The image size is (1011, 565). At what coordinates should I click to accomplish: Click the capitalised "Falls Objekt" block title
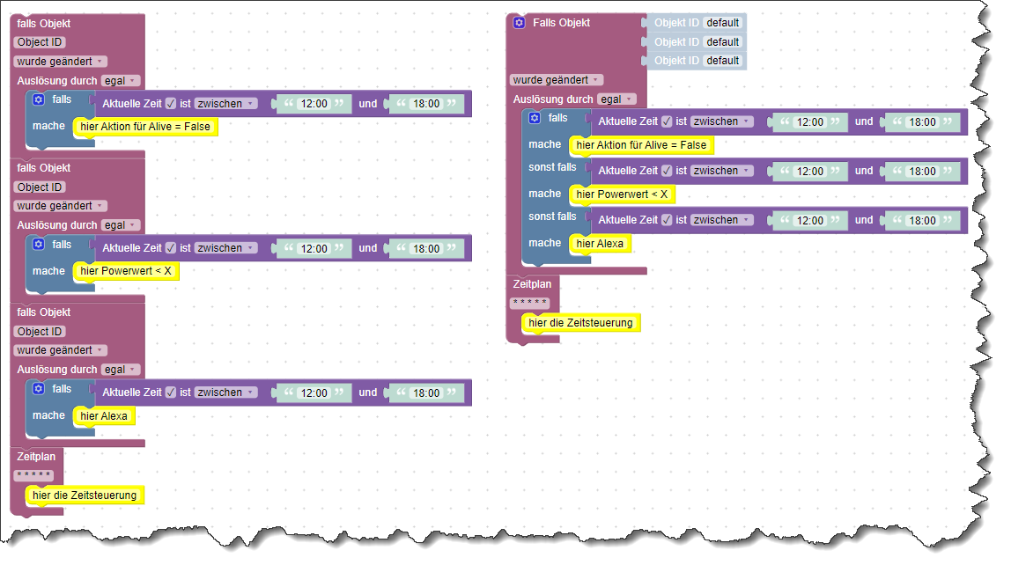[x=561, y=23]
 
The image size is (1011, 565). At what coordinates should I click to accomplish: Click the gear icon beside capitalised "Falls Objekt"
[x=520, y=23]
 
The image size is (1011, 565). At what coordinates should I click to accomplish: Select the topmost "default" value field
[x=722, y=23]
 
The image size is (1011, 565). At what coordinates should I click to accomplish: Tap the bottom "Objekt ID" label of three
[x=676, y=61]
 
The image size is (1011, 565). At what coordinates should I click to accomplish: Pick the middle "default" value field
[x=722, y=41]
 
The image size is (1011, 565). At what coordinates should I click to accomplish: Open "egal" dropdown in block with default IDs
[x=616, y=99]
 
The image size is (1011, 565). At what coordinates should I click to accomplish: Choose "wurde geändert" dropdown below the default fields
[x=556, y=80]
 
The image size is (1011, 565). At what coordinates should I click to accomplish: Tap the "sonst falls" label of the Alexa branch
[x=552, y=216]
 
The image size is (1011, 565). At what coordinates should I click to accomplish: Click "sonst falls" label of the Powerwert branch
[x=552, y=167]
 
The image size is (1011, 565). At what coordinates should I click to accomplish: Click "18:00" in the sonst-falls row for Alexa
[x=923, y=221]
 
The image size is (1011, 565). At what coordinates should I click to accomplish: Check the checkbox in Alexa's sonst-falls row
[x=667, y=220]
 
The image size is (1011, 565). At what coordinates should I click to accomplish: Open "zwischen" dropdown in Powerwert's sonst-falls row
[x=721, y=171]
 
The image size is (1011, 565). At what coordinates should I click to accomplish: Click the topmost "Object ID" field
[x=40, y=42]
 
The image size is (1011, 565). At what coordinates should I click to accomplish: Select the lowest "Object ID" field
[x=40, y=332]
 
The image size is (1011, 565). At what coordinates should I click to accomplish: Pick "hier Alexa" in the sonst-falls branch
[x=599, y=244]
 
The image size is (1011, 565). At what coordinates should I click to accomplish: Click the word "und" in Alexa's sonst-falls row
[x=864, y=220]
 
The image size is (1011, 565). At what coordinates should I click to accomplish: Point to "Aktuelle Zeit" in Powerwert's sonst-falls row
[x=628, y=171]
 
